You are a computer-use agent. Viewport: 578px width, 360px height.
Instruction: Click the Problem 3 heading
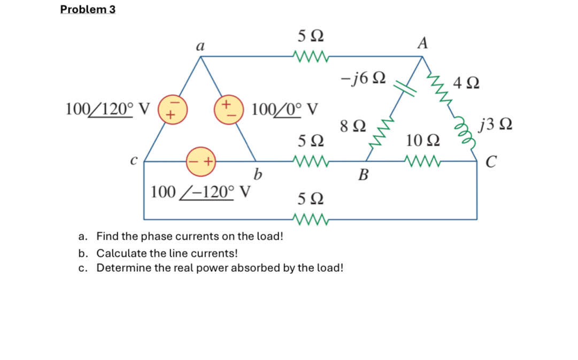88,10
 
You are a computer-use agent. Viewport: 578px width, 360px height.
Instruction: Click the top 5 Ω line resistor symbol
311,56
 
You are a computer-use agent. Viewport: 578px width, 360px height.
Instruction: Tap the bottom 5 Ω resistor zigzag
311,219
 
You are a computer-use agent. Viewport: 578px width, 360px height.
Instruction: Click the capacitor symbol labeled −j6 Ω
404,86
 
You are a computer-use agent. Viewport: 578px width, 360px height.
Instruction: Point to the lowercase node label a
201,46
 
